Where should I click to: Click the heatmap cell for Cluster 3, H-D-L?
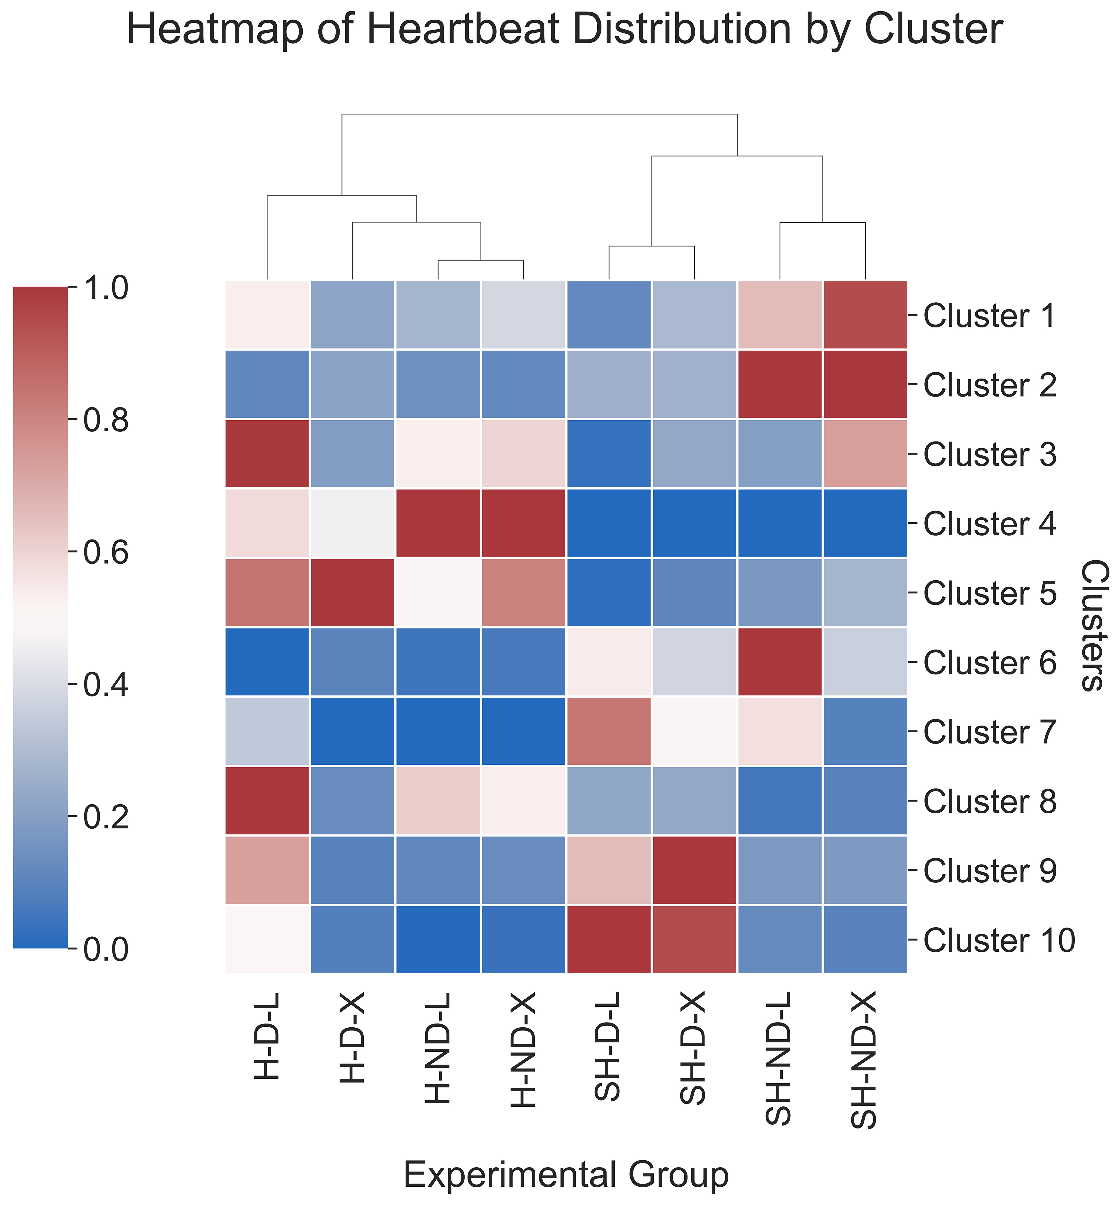coord(267,453)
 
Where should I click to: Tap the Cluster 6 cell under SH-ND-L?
coord(779,662)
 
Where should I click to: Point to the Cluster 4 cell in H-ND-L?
coord(438,522)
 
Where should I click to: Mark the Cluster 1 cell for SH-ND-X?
coord(865,315)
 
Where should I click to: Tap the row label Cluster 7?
coord(990,732)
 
